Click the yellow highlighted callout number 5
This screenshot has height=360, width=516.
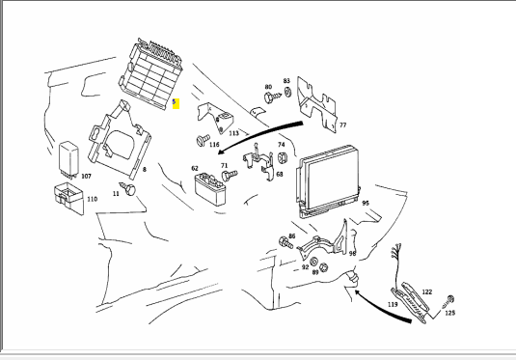point(176,103)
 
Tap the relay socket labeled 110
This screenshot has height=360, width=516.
point(68,198)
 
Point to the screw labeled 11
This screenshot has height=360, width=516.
point(128,188)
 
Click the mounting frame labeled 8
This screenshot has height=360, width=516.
point(120,140)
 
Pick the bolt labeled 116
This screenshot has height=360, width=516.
point(203,140)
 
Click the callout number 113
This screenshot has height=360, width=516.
point(233,133)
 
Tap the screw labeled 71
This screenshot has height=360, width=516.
point(229,175)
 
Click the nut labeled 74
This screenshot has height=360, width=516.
point(282,158)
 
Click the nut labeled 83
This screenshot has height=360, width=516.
point(287,92)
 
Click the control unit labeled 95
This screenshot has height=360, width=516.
point(328,181)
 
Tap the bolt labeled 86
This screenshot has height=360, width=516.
point(285,243)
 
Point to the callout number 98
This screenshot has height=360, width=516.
point(352,253)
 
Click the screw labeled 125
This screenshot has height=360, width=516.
point(449,301)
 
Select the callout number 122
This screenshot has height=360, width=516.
point(427,291)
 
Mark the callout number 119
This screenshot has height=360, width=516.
point(393,304)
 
